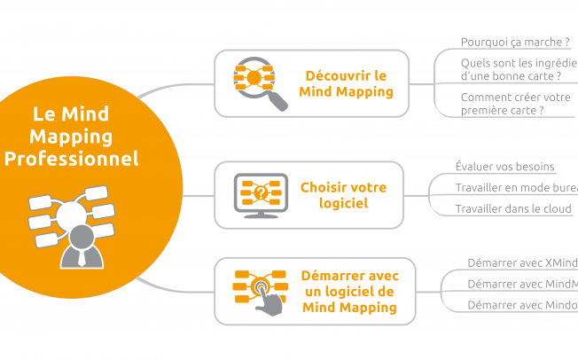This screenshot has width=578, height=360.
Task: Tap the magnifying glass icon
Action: (259, 83)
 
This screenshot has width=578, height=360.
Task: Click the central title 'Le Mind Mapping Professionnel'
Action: (72, 136)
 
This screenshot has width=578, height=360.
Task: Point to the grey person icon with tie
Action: (81, 245)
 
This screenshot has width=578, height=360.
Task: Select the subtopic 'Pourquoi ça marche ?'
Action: (502, 42)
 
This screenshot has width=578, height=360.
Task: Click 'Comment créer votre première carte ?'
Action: (515, 103)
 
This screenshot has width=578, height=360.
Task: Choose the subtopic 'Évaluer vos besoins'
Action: (504, 167)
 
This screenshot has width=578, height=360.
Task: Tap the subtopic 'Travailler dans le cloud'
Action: (513, 209)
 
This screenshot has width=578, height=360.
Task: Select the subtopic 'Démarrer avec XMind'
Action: (521, 262)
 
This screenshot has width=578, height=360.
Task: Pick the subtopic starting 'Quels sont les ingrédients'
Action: (519, 69)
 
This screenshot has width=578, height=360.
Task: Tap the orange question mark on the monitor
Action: (260, 192)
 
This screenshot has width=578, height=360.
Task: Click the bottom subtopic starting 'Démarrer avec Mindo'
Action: (521, 305)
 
